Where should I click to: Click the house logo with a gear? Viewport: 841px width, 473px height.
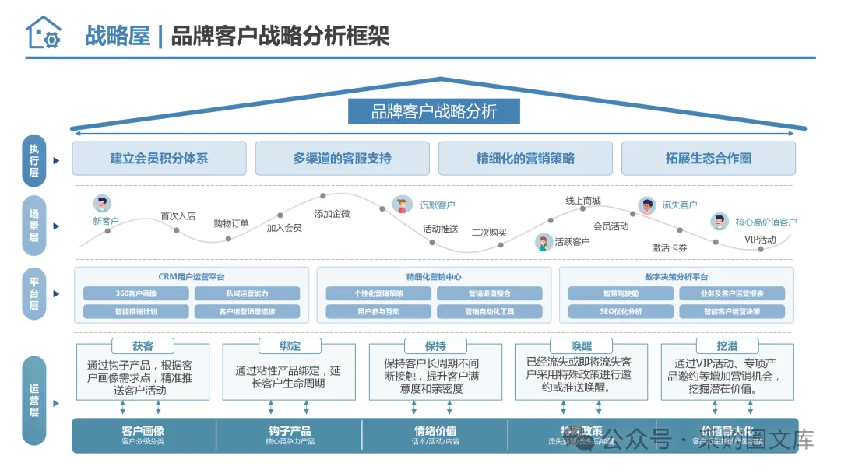43,33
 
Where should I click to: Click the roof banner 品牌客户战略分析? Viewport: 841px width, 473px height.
434,111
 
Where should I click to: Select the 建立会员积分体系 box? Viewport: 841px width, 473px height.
159,158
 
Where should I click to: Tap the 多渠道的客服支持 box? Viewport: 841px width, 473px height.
342,158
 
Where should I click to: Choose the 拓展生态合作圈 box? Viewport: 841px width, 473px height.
708,158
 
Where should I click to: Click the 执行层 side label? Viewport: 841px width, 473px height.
34,160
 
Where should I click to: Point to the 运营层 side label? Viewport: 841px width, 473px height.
34,401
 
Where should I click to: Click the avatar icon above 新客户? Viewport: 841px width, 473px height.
102,204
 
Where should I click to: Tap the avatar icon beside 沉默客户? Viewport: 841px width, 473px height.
402,205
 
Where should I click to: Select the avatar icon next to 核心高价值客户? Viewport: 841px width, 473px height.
720,222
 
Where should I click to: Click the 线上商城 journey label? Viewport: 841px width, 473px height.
583,201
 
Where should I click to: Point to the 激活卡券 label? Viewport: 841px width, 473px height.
670,247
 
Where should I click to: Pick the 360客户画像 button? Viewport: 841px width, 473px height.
136,293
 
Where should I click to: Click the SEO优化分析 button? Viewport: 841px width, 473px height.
621,311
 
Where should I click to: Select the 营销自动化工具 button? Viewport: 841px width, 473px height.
490,311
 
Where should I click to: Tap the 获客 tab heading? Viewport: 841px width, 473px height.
143,345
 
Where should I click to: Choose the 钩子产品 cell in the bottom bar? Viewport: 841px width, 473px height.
290,435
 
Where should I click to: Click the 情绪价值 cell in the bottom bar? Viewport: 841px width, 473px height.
435,435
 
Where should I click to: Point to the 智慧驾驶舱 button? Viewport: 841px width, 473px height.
621,293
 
